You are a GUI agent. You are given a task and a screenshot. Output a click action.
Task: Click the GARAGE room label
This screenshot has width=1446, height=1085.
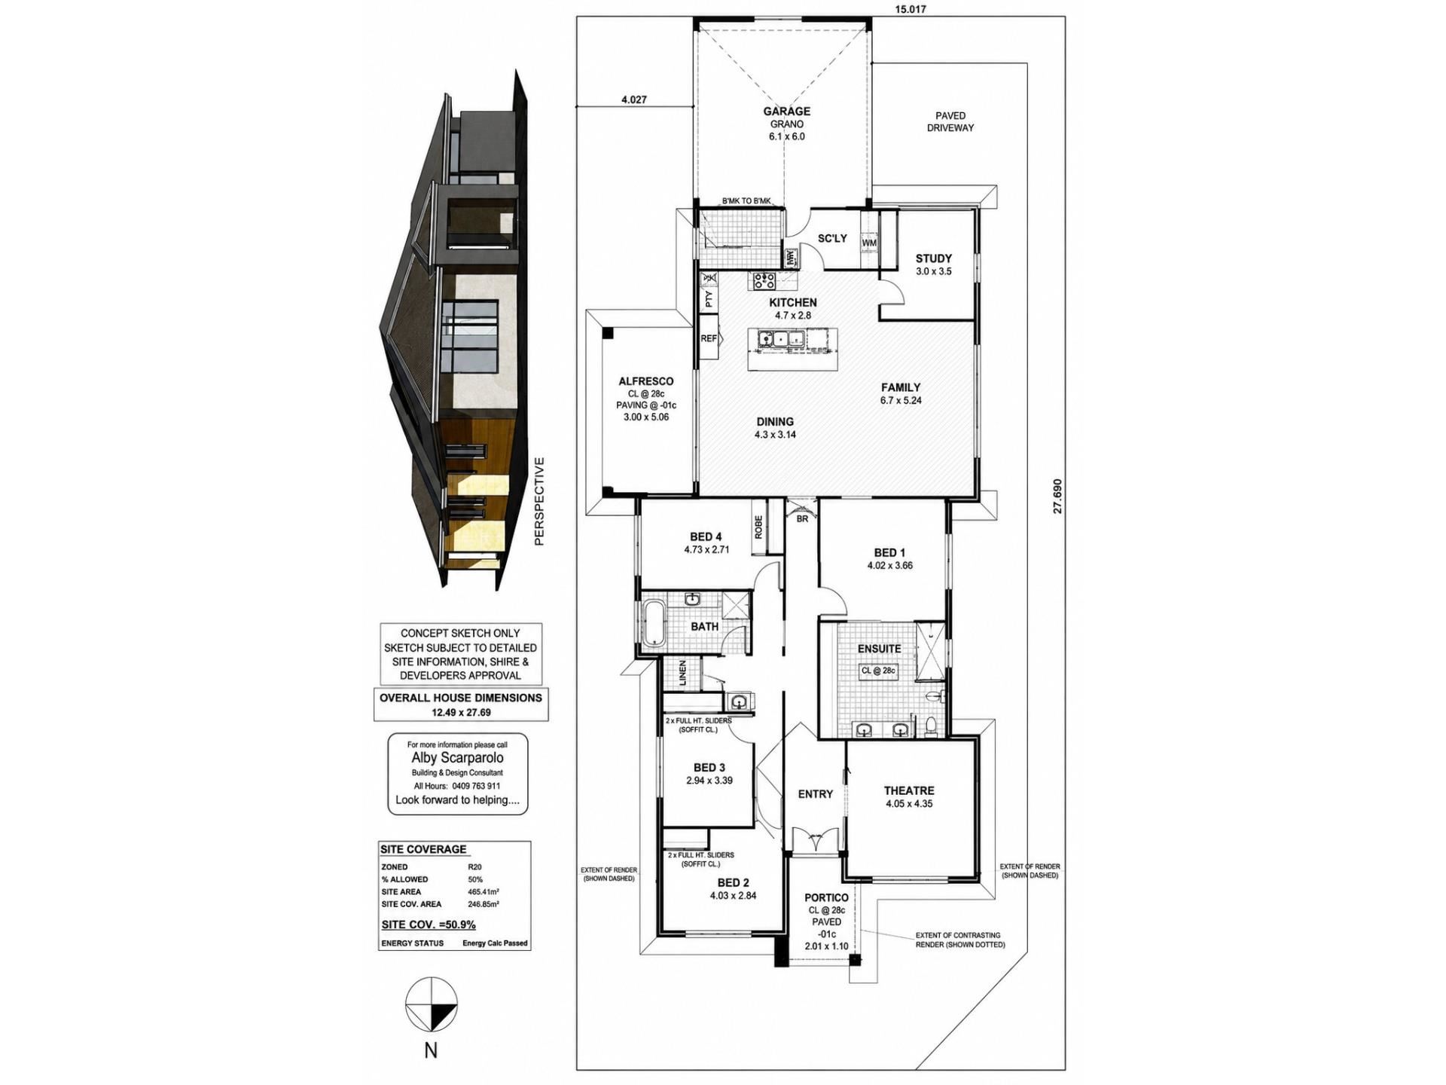pyautogui.click(x=786, y=111)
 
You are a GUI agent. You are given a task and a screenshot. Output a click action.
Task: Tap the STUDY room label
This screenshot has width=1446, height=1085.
pyautogui.click(x=934, y=258)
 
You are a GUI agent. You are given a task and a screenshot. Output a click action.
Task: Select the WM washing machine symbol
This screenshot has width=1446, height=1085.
pyautogui.click(x=869, y=243)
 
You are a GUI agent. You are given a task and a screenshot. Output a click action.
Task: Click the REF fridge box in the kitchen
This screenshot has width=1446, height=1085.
pyautogui.click(x=709, y=338)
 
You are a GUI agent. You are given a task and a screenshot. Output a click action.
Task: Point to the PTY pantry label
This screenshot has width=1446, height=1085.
pyautogui.click(x=709, y=299)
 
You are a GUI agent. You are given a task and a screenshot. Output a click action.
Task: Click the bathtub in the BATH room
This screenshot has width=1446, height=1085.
pyautogui.click(x=653, y=622)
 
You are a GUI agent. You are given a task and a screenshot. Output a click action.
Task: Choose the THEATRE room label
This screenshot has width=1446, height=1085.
pyautogui.click(x=909, y=790)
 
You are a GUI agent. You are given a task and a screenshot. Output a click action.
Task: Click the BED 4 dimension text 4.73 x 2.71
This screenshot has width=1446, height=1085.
pyautogui.click(x=706, y=549)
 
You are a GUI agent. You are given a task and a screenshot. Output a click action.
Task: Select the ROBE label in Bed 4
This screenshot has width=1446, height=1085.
pyautogui.click(x=758, y=526)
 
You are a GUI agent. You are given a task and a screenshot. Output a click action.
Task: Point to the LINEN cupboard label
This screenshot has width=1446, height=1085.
pyautogui.click(x=682, y=674)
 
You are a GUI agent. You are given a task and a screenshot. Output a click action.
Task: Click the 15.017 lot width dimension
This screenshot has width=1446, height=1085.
pyautogui.click(x=911, y=10)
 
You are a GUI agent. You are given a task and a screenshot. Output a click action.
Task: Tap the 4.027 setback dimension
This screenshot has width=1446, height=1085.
pyautogui.click(x=633, y=99)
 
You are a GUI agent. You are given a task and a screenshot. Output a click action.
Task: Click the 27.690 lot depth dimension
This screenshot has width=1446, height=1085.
pyautogui.click(x=1057, y=496)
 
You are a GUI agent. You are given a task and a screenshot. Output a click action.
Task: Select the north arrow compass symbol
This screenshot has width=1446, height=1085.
pyautogui.click(x=432, y=1004)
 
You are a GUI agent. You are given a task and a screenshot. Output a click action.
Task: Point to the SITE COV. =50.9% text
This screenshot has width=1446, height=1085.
pyautogui.click(x=429, y=925)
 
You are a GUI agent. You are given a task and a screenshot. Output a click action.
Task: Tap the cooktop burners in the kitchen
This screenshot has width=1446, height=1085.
pyautogui.click(x=764, y=281)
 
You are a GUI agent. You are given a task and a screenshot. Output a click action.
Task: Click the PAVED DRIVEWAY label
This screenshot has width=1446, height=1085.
pyautogui.click(x=950, y=121)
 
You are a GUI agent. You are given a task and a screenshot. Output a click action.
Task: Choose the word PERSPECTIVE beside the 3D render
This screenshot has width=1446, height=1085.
pyautogui.click(x=538, y=501)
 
